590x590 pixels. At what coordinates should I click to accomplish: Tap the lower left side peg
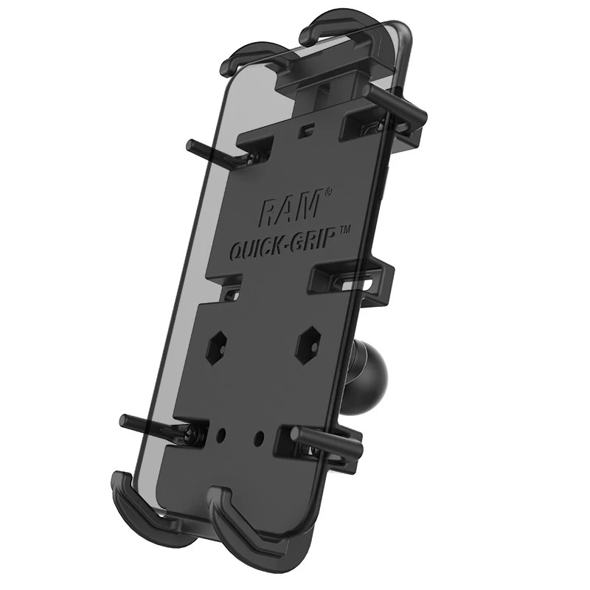[x=147, y=427]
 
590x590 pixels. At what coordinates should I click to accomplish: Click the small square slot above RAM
[x=303, y=131]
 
